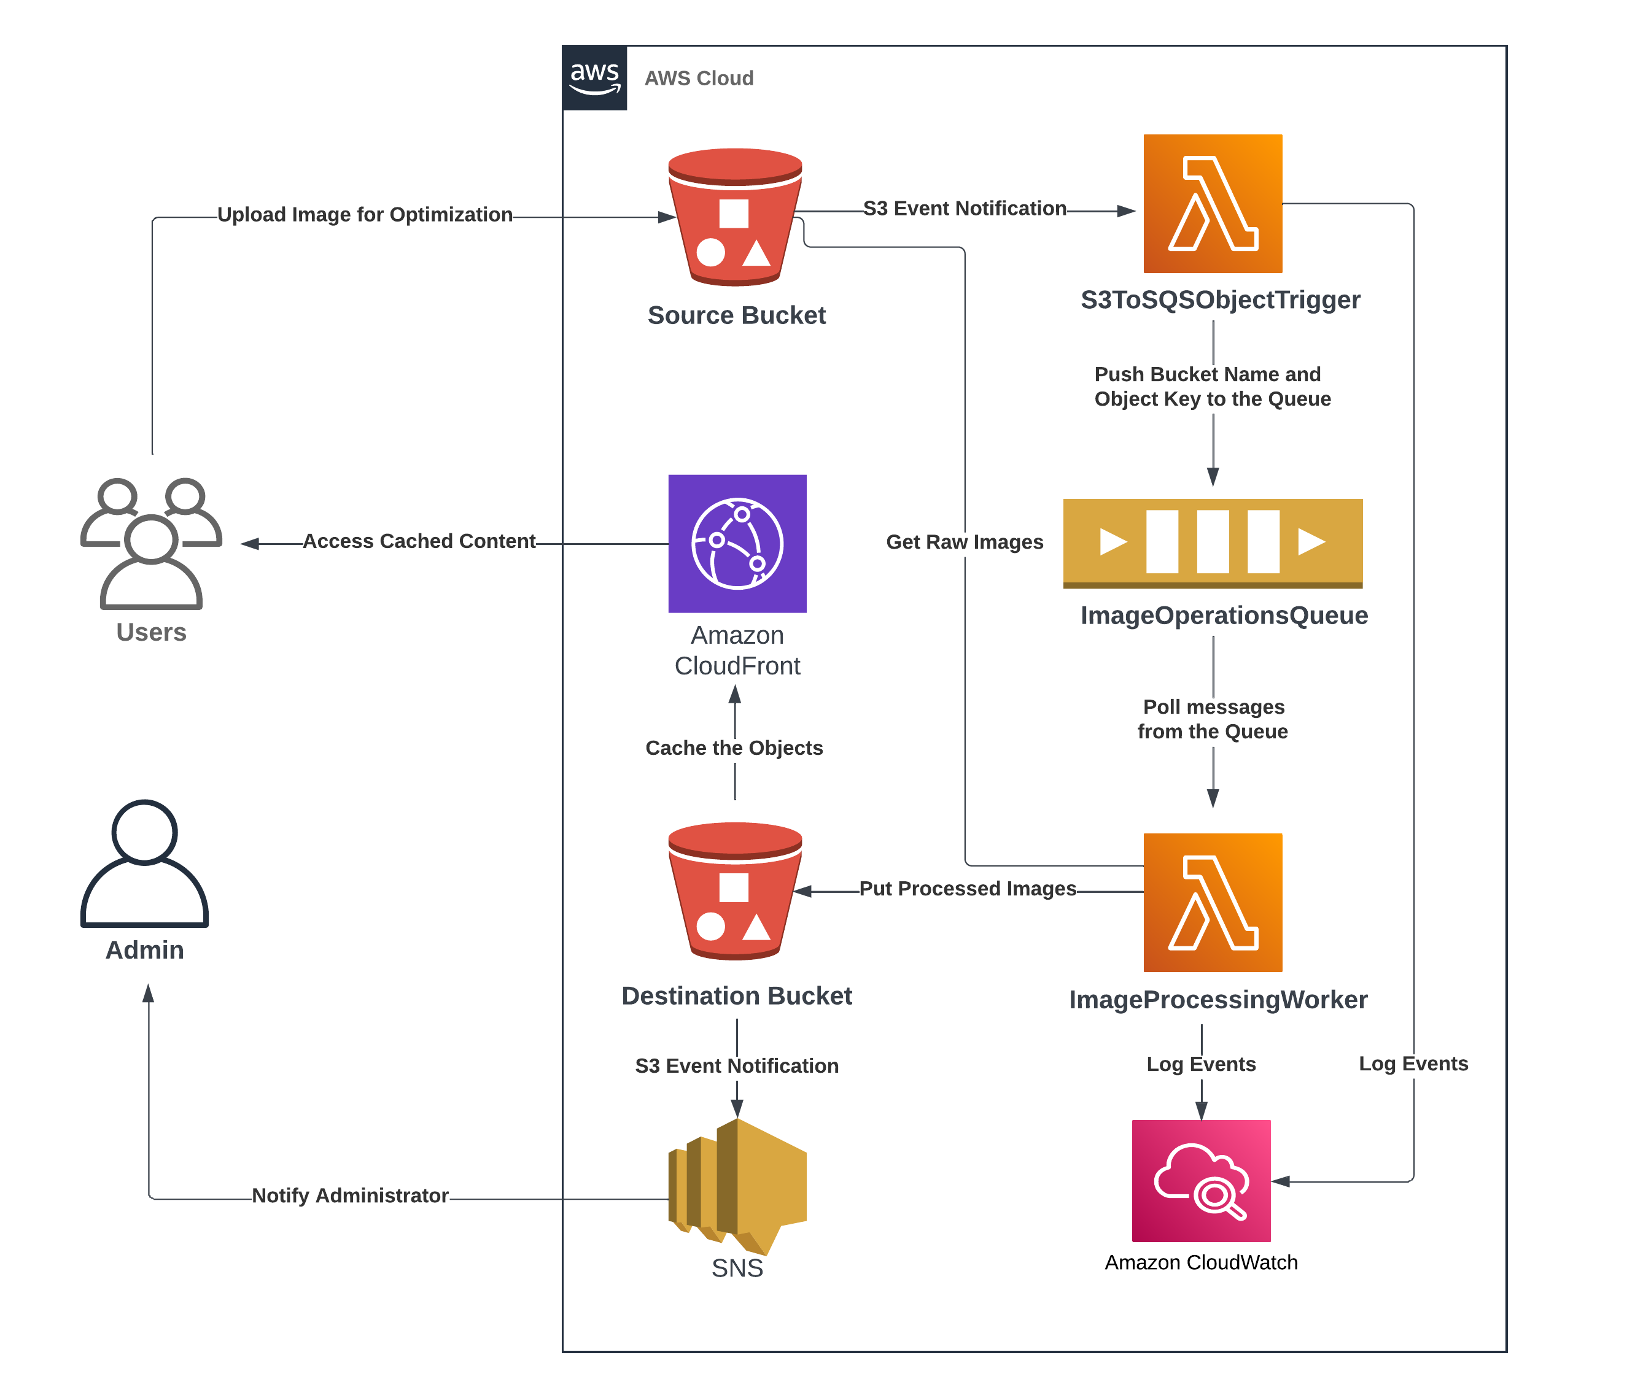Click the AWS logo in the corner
pos(594,78)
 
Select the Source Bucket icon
pos(735,217)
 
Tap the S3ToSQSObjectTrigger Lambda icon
pos(1212,204)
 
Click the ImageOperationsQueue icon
pos(1212,543)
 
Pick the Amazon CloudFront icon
pos(737,544)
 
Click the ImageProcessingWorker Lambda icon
pos(1212,902)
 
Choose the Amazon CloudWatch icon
pos(1200,1180)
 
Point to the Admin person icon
pos(144,864)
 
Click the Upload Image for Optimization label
pos(365,215)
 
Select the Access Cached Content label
pos(419,541)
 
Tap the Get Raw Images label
pos(965,542)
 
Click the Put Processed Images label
pos(968,889)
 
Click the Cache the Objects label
pos(734,748)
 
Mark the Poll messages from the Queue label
pos(1213,719)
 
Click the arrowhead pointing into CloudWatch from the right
pos(1281,1181)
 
